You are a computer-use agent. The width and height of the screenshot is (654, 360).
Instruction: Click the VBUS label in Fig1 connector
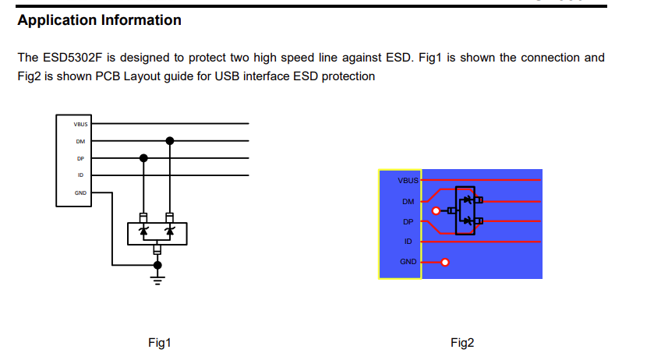click(x=81, y=124)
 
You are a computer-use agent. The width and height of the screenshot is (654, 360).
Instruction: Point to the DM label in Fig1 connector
click(x=81, y=141)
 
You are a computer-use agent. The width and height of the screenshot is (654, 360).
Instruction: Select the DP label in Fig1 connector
click(x=81, y=158)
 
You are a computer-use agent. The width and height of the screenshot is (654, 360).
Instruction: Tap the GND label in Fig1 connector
click(x=81, y=192)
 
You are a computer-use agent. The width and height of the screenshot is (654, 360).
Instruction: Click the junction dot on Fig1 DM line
click(x=170, y=141)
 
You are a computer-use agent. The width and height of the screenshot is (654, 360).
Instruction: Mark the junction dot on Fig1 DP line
click(x=143, y=158)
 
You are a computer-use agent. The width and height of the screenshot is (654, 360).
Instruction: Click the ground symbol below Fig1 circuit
click(x=157, y=277)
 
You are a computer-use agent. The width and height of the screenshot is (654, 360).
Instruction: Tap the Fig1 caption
click(x=159, y=343)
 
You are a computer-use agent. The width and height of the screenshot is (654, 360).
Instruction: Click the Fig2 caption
click(x=461, y=343)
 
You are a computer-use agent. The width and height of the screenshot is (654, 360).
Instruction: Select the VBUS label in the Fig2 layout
click(x=408, y=181)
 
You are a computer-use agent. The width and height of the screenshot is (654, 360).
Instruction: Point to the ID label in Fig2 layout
click(x=408, y=242)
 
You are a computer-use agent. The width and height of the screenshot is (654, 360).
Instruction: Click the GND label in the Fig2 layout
click(x=408, y=262)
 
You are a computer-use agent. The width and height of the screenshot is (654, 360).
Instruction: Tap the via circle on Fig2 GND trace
click(x=445, y=263)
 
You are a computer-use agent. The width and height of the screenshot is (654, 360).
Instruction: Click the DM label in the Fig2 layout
click(x=408, y=201)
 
